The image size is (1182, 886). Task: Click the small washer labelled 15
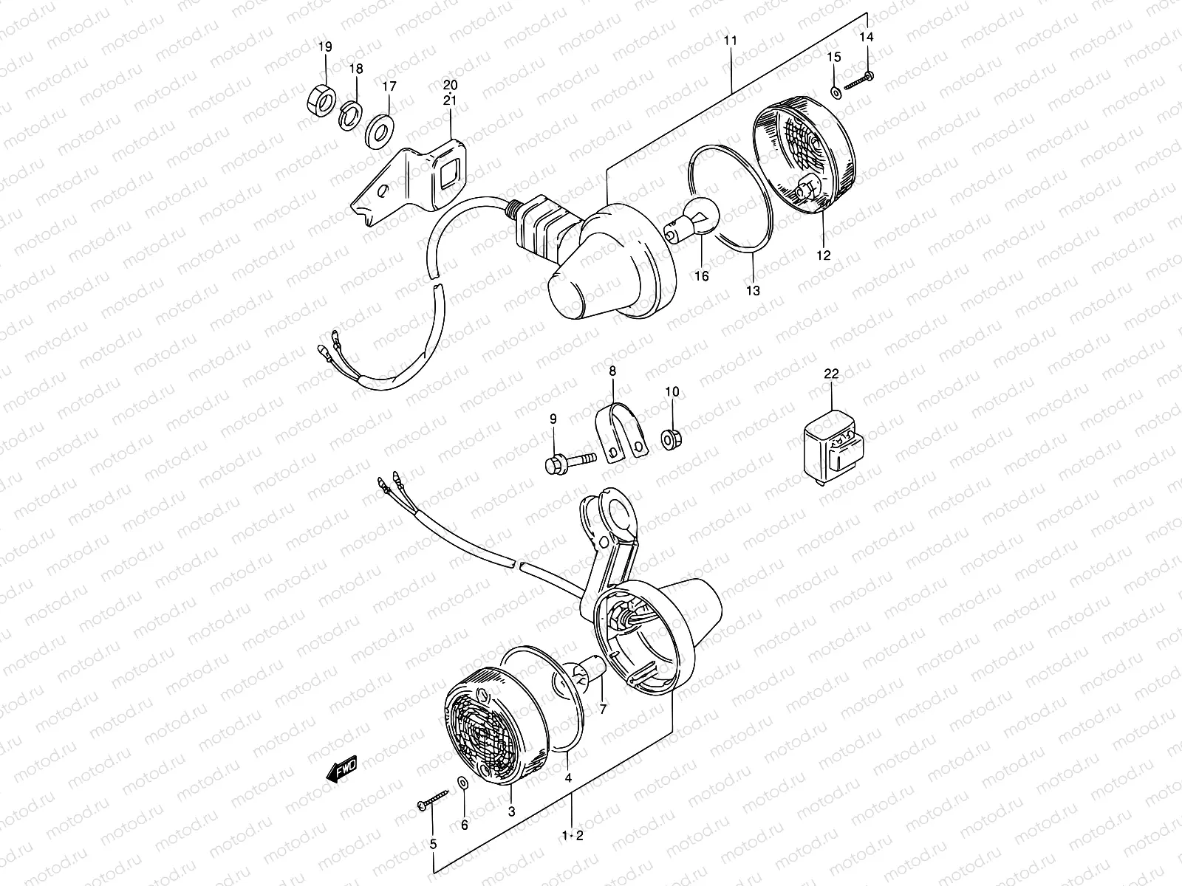click(x=835, y=92)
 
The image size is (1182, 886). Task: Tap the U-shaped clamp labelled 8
click(x=619, y=436)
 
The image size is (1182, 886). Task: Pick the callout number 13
click(x=753, y=291)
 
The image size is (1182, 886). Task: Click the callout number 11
click(x=731, y=41)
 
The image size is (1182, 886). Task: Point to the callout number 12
click(x=824, y=255)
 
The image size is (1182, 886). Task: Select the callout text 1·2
click(x=573, y=836)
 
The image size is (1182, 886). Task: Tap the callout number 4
click(x=568, y=777)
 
